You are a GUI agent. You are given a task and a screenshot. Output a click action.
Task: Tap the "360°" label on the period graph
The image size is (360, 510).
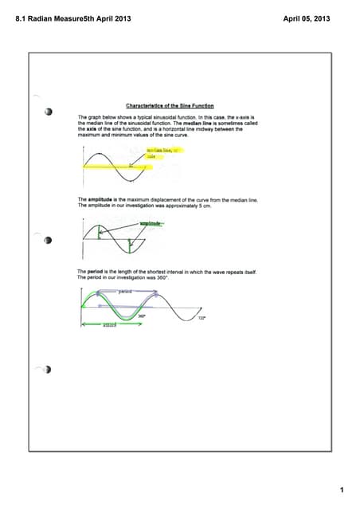tap(141, 316)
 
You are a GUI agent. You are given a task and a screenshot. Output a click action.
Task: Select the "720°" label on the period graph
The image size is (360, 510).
tap(202, 318)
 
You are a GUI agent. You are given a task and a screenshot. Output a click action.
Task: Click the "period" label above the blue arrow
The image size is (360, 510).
tap(124, 292)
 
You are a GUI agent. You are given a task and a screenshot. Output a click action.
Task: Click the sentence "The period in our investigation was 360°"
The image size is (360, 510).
tap(119, 277)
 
